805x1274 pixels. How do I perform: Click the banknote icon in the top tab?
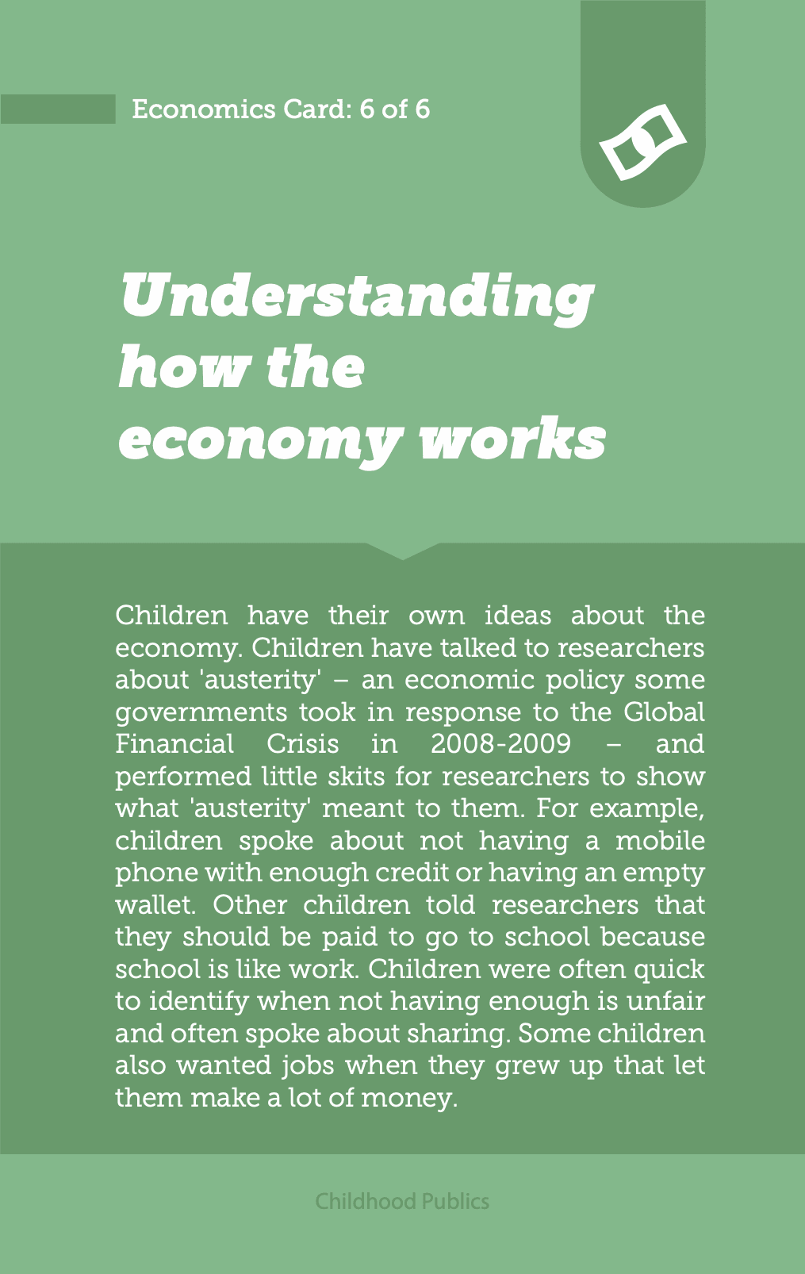click(x=642, y=143)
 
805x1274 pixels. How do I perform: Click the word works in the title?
click(x=512, y=439)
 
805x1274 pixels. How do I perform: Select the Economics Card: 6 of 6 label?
click(x=281, y=109)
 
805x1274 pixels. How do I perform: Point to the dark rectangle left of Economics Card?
click(x=58, y=109)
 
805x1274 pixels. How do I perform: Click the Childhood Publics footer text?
click(x=402, y=1201)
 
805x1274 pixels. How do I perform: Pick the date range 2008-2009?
click(x=500, y=744)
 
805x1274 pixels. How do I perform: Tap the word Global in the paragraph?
click(x=664, y=712)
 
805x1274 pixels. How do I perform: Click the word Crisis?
click(x=302, y=744)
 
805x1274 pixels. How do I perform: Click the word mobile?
click(x=660, y=840)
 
